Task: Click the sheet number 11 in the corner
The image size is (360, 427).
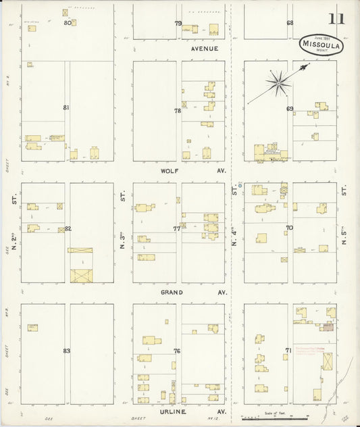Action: click(336, 18)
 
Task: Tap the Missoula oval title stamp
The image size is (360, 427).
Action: click(322, 44)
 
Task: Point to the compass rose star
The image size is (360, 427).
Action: click(278, 83)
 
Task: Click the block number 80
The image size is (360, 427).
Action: click(68, 22)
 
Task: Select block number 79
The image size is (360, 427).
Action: click(178, 23)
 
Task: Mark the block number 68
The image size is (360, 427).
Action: click(290, 23)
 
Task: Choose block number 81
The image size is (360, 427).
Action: click(66, 107)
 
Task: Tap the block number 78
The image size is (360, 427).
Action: click(178, 111)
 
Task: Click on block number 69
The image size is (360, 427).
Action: click(290, 109)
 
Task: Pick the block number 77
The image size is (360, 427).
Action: click(177, 228)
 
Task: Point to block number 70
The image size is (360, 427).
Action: click(289, 228)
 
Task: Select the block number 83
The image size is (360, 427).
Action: click(66, 351)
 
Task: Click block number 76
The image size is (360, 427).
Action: click(177, 351)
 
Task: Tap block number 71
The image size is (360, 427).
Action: click(288, 351)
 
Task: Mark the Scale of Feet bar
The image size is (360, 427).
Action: click(274, 418)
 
